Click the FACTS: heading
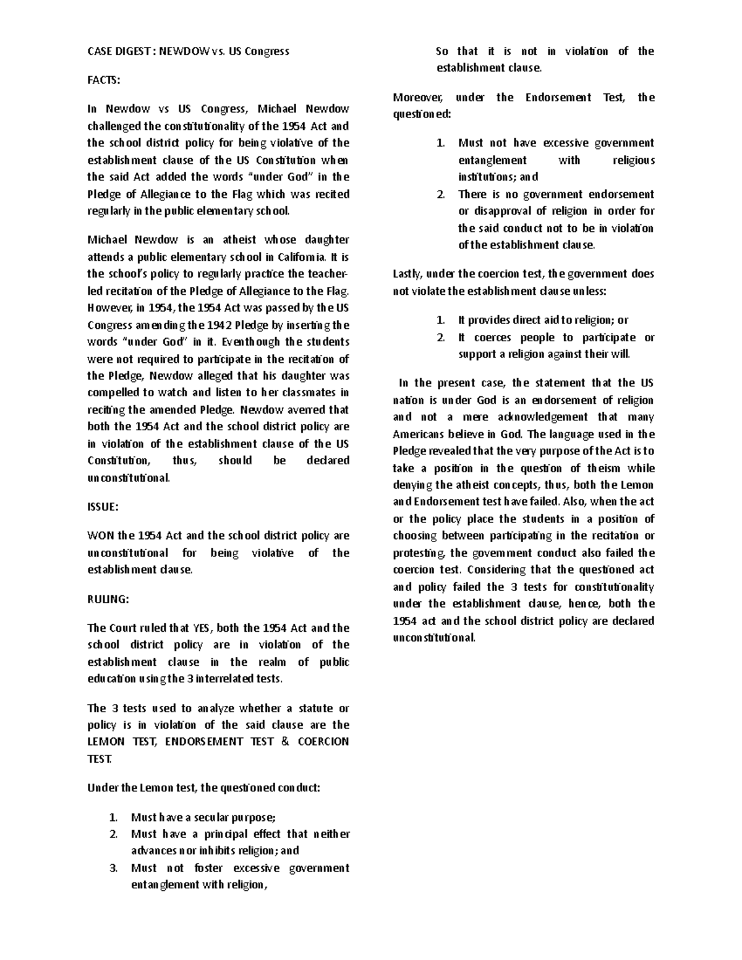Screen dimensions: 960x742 [104, 80]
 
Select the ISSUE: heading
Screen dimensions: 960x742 [103, 506]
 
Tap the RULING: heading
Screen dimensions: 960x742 [108, 599]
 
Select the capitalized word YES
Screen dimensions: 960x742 [202, 628]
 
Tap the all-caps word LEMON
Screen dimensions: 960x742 [106, 742]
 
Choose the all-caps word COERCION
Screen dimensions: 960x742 [323, 742]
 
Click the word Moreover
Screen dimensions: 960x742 [416, 98]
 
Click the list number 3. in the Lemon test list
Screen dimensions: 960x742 [113, 868]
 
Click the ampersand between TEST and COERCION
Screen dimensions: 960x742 [284, 742]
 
